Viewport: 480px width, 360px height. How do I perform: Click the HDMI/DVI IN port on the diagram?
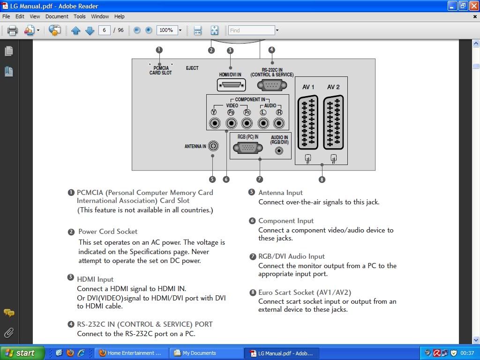(231, 85)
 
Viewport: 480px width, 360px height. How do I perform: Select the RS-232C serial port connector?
(272, 85)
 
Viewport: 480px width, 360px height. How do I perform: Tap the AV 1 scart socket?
(308, 122)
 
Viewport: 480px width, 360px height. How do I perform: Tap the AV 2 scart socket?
(333, 122)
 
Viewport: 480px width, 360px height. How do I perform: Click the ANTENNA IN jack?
(213, 146)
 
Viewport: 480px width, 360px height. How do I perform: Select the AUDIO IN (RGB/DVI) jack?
(279, 151)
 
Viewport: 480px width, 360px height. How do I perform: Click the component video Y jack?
(215, 123)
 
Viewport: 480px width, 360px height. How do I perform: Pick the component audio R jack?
(279, 123)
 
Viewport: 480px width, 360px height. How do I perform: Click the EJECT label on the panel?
(192, 68)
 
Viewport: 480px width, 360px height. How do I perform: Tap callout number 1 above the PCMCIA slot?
(159, 50)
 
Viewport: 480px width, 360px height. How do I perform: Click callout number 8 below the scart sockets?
(322, 179)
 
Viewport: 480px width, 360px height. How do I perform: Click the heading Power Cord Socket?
(108, 232)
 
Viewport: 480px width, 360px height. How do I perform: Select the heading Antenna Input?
(280, 193)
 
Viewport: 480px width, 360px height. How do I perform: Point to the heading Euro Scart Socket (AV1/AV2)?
(305, 292)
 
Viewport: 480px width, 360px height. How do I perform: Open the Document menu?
(57, 16)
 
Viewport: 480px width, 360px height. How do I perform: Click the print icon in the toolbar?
(12, 30)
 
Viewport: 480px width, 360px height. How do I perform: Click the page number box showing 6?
(104, 30)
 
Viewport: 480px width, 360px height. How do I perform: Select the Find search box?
(251, 30)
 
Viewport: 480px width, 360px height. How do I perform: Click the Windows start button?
(22, 353)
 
